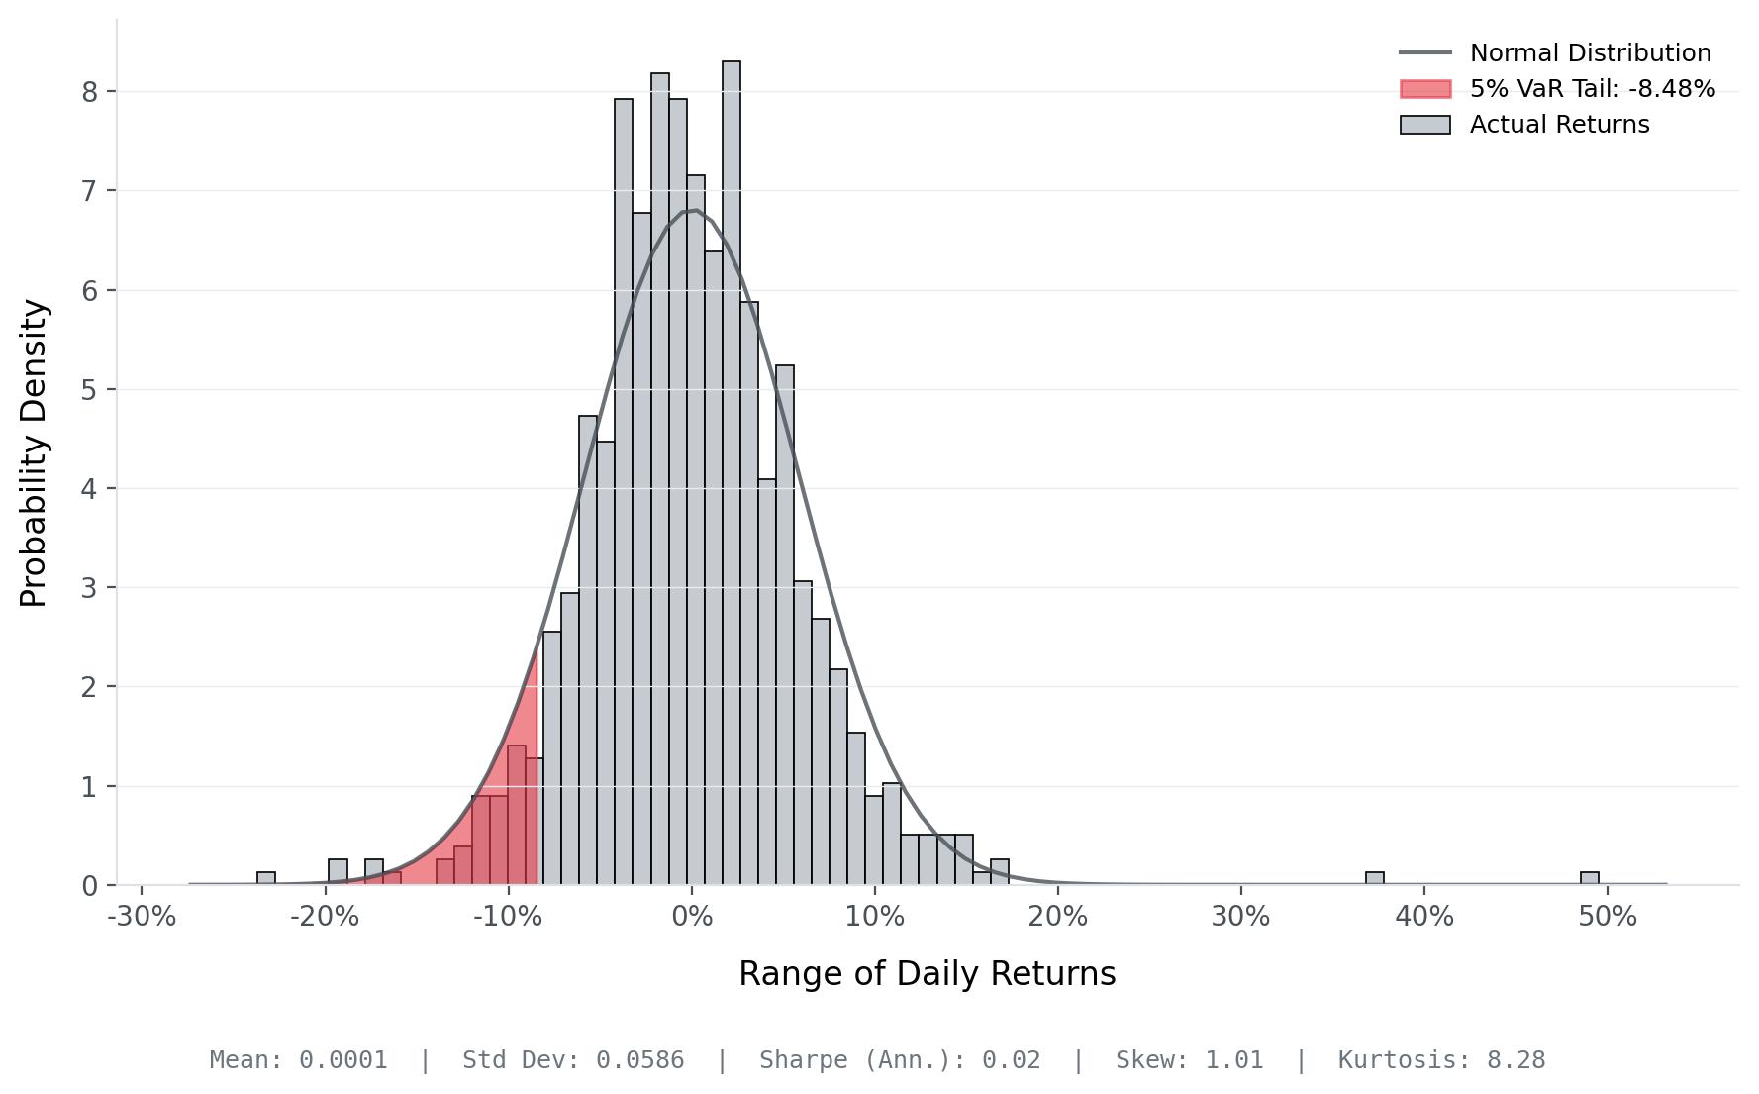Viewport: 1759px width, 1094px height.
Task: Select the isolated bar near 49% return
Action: click(x=1589, y=878)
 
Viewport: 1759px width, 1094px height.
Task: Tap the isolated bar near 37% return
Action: click(x=1374, y=878)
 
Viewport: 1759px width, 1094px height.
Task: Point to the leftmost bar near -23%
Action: click(x=265, y=878)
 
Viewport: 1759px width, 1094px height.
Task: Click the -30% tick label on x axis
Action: click(x=142, y=917)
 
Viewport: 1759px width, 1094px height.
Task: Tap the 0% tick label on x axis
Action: click(x=692, y=917)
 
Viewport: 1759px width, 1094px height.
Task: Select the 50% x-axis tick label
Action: click(x=1608, y=917)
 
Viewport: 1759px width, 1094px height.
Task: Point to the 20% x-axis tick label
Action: click(x=1057, y=917)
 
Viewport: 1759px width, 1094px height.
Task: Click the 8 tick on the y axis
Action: click(x=90, y=92)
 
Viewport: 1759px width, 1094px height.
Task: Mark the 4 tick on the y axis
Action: click(x=90, y=489)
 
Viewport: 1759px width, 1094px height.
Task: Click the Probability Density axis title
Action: click(x=34, y=452)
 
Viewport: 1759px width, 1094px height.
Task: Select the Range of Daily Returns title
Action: click(x=927, y=974)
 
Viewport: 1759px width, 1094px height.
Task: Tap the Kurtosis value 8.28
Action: click(x=1515, y=1060)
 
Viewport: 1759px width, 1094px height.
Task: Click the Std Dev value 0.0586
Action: click(x=639, y=1060)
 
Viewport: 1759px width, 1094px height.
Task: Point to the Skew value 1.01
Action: click(x=1233, y=1060)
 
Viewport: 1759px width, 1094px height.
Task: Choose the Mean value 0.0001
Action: click(x=342, y=1060)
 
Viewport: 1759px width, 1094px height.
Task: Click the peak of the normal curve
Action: click(x=694, y=210)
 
